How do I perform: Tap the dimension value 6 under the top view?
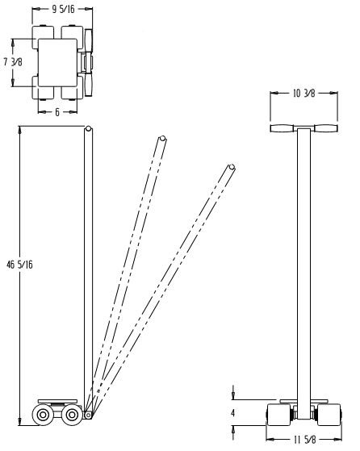coord(57,112)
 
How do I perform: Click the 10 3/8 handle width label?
coord(303,94)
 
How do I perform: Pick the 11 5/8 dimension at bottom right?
coord(303,439)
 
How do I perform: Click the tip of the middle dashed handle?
coord(162,140)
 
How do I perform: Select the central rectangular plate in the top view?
coord(57,64)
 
